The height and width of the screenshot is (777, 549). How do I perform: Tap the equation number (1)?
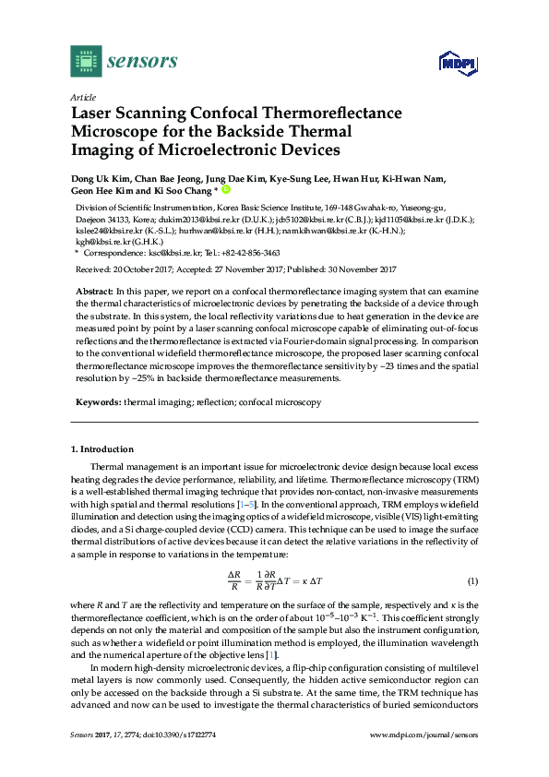point(471,581)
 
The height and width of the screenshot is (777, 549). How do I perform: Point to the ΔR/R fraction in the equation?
point(233,581)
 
